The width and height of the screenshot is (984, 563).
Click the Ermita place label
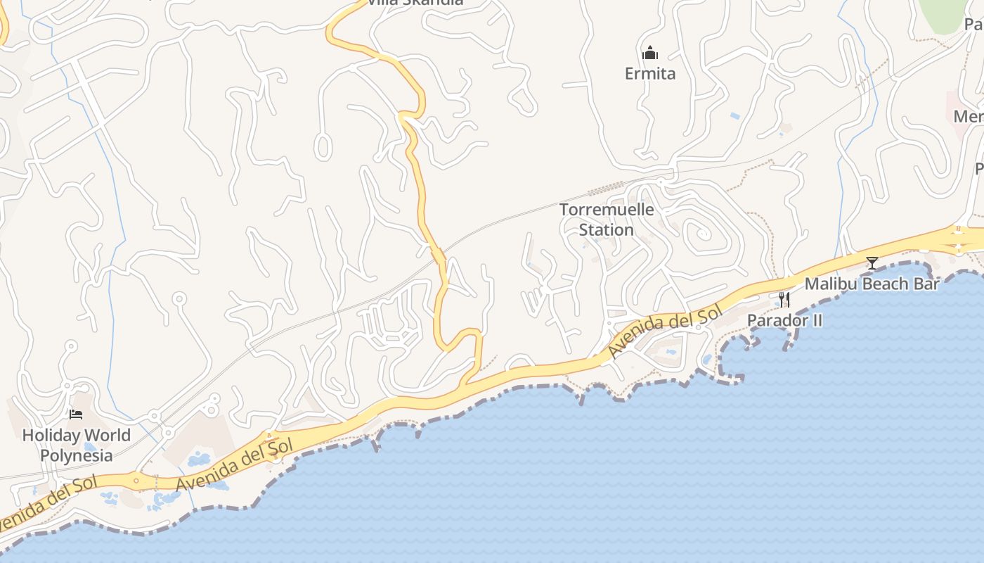tap(650, 73)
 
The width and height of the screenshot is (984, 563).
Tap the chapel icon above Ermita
tap(650, 53)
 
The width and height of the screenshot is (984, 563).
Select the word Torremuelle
tap(607, 210)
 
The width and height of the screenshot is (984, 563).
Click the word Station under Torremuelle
tap(607, 230)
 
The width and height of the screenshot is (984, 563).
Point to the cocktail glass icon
tap(872, 263)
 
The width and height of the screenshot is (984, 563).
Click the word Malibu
tap(829, 284)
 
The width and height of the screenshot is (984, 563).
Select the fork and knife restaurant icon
tap(784, 300)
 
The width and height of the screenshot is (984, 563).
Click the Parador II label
tap(784, 320)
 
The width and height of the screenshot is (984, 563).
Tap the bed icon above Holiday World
tap(76, 415)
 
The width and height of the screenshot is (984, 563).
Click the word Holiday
tap(48, 435)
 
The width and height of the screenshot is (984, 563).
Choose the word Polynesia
tap(76, 455)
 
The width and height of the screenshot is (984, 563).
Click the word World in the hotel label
tap(105, 435)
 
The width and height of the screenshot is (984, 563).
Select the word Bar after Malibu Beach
tap(927, 284)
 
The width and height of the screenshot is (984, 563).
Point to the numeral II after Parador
tap(816, 320)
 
